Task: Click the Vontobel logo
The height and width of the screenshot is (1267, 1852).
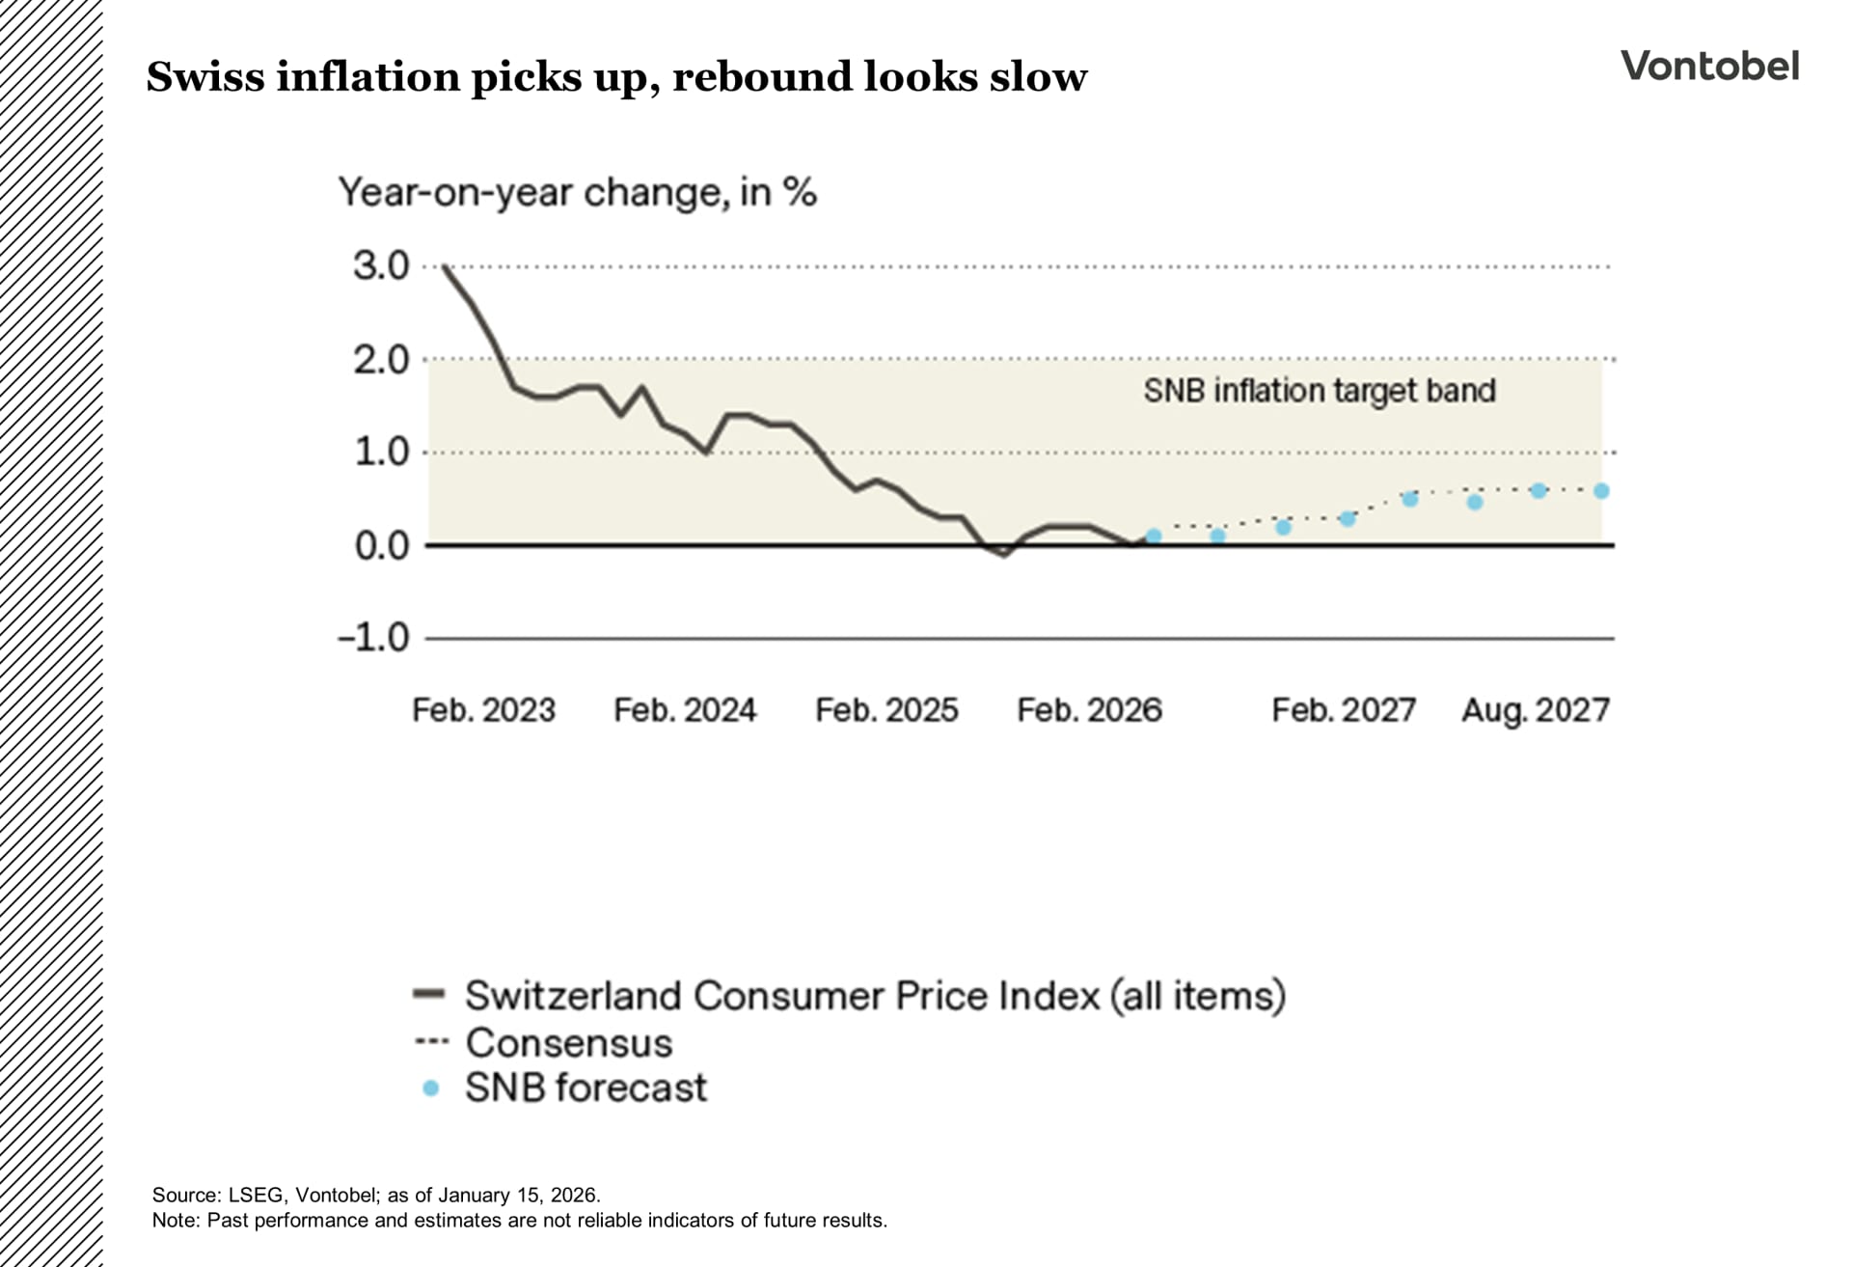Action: point(1709,67)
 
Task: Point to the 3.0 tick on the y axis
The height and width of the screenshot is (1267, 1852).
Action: point(381,266)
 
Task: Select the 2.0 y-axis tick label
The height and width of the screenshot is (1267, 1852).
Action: point(381,361)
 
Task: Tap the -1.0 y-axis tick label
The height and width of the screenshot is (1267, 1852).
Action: point(373,638)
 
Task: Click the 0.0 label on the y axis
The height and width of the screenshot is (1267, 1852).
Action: point(381,546)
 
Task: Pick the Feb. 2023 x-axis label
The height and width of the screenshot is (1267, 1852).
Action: point(483,710)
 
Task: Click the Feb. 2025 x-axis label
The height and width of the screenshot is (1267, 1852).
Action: point(886,710)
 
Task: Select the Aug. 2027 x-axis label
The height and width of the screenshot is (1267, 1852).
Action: point(1535,710)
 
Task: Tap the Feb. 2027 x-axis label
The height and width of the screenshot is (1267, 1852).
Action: point(1343,710)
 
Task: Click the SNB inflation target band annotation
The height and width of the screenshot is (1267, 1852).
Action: point(1319,391)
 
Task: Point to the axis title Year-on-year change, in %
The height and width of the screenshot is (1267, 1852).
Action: point(577,193)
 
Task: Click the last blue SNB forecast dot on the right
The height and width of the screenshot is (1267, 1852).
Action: point(1601,491)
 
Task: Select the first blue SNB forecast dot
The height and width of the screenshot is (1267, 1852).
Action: point(1154,536)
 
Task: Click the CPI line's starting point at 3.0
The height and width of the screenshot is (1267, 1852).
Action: point(444,266)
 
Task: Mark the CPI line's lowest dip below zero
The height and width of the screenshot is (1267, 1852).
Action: point(1005,555)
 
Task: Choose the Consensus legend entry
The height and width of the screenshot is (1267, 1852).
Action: point(567,1042)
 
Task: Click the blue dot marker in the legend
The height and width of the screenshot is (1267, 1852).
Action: point(431,1088)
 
